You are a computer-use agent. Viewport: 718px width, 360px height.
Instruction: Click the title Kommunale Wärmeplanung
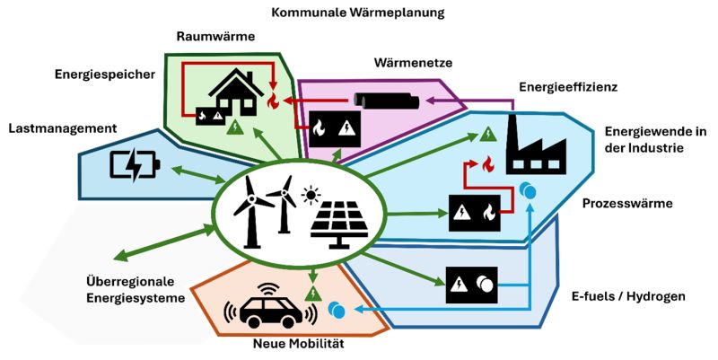click(x=357, y=13)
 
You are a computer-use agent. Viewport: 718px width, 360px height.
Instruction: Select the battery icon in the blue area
click(x=135, y=165)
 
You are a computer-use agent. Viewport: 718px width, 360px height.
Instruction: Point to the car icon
click(x=270, y=307)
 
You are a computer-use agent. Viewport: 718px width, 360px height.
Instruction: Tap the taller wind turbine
click(x=251, y=212)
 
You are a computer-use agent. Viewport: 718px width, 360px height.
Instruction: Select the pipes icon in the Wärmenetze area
click(x=387, y=101)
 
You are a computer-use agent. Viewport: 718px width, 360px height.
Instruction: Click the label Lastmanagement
click(x=63, y=128)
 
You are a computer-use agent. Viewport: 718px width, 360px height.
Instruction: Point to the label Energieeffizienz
click(x=568, y=86)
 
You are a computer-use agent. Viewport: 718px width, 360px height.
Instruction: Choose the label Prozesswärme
click(x=627, y=204)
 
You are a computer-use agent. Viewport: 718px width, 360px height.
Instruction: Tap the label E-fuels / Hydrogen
click(x=628, y=296)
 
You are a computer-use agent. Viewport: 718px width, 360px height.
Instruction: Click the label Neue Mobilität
click(x=299, y=344)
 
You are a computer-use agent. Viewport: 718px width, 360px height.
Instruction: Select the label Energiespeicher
click(x=105, y=75)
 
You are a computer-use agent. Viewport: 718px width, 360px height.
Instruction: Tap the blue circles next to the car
click(x=337, y=310)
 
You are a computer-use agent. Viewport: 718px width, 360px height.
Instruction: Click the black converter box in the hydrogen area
click(x=472, y=285)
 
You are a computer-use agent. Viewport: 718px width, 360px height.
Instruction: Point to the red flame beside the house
click(x=273, y=101)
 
